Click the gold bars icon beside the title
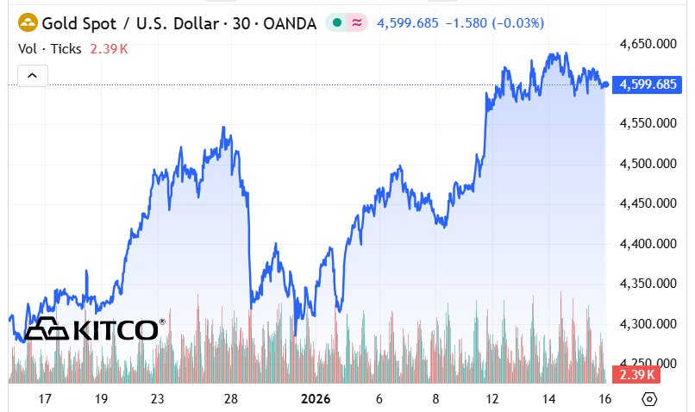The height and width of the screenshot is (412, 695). (x=28, y=22)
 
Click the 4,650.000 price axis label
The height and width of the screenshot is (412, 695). (x=649, y=43)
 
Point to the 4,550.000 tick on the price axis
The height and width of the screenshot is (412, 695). (x=649, y=123)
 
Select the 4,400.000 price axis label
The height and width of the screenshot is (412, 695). (x=649, y=244)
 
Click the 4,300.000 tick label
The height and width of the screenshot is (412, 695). (x=649, y=324)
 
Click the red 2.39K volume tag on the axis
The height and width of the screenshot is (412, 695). (x=635, y=375)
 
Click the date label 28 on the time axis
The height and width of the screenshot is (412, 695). (x=230, y=399)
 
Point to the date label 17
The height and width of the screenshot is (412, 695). (x=45, y=399)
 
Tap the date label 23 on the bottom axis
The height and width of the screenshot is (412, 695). (x=157, y=399)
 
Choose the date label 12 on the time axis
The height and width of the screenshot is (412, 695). (x=492, y=399)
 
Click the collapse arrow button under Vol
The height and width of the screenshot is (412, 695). (x=32, y=76)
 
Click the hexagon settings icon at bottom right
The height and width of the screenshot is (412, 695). (x=650, y=399)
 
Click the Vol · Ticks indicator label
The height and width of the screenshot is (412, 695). (x=50, y=48)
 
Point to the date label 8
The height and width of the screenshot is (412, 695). (x=436, y=399)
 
